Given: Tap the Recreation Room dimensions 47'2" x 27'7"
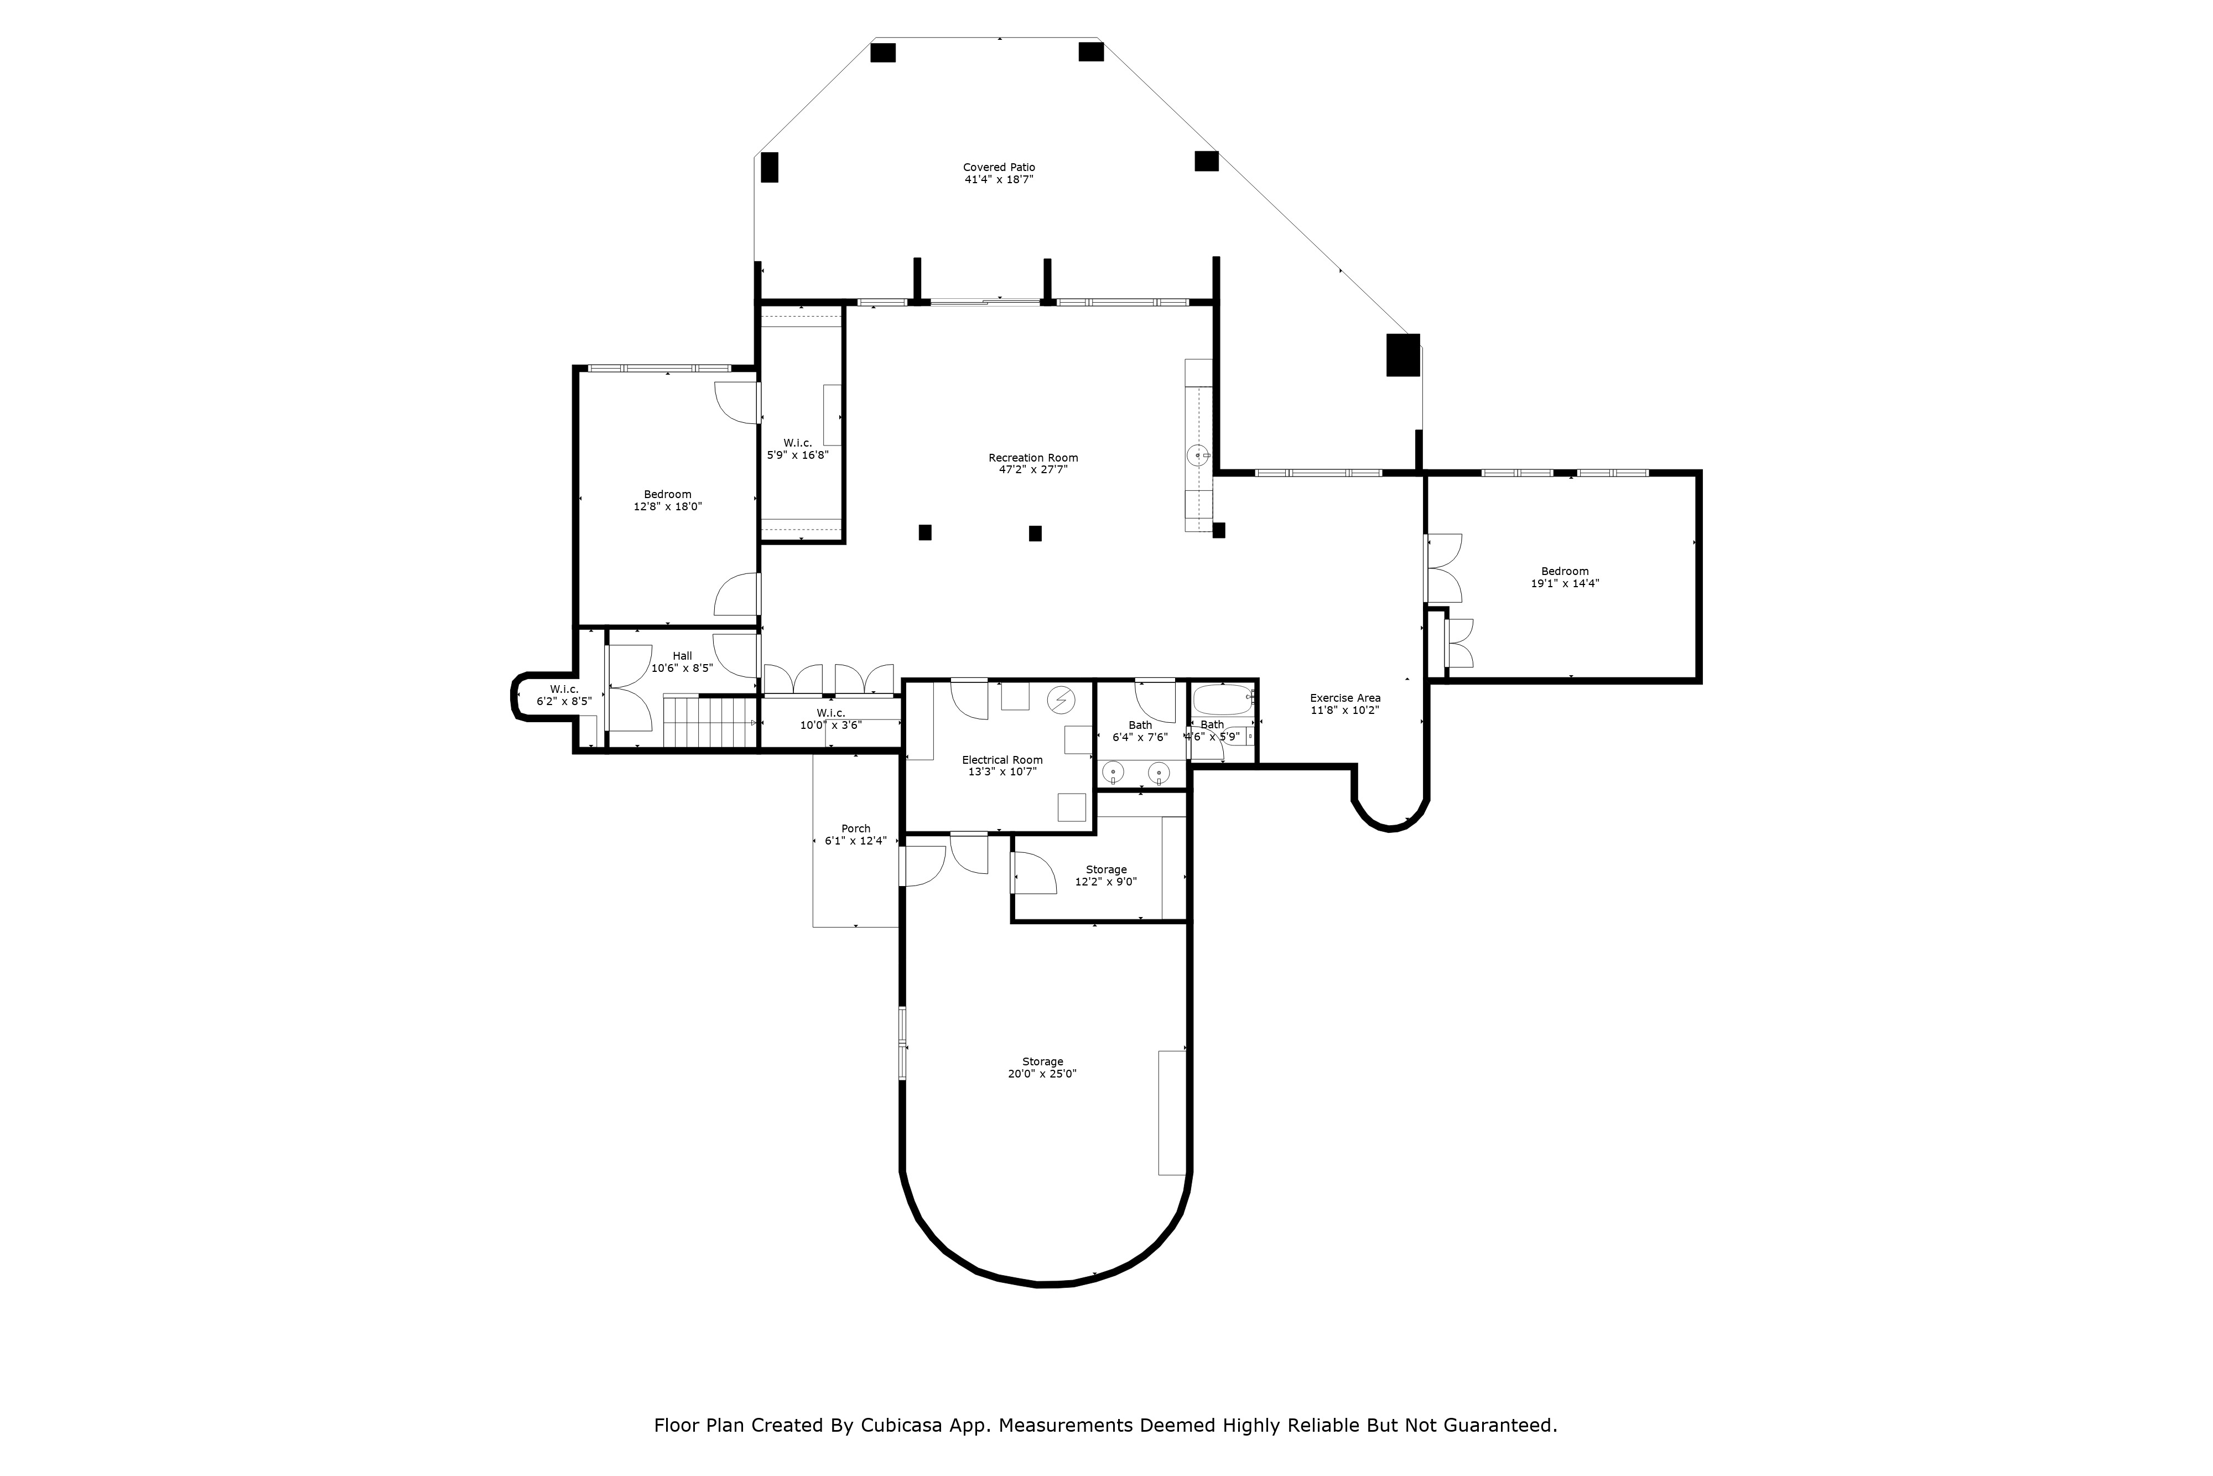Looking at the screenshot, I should click(x=1033, y=470).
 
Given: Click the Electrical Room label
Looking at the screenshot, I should click(x=1002, y=760).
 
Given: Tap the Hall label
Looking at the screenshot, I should click(x=682, y=656).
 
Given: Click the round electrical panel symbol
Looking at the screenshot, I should click(x=1061, y=700).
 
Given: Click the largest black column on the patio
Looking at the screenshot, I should click(x=1402, y=355).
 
